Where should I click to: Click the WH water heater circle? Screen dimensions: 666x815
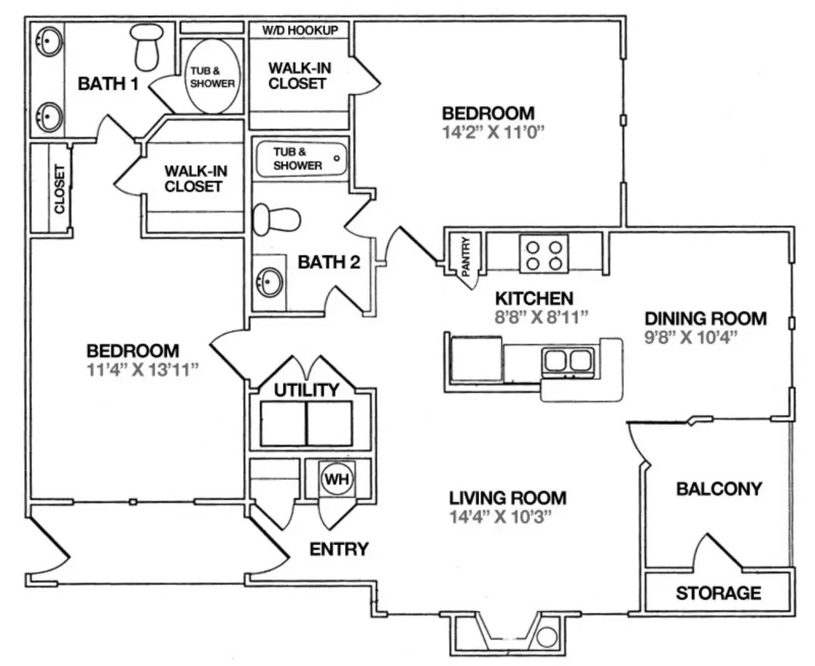click(336, 479)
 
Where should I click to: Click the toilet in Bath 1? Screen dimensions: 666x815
click(146, 47)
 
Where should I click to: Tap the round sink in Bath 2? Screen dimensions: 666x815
click(270, 282)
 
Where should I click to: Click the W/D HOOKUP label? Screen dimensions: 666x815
click(300, 30)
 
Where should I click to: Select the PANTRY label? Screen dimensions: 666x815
click(466, 256)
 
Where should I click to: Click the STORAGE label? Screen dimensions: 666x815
click(718, 593)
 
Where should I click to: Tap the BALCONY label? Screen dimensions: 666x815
click(719, 489)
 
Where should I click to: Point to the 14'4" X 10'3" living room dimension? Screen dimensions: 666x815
click(500, 517)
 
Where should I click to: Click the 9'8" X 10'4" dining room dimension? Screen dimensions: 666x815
click(691, 337)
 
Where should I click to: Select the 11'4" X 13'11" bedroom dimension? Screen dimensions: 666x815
click(142, 370)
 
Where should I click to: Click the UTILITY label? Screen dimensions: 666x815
click(306, 390)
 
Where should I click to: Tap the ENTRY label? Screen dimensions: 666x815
click(339, 549)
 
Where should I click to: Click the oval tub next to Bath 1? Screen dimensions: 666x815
click(212, 77)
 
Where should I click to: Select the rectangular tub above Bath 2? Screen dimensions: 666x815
click(301, 158)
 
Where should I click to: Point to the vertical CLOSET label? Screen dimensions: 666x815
click(59, 189)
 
